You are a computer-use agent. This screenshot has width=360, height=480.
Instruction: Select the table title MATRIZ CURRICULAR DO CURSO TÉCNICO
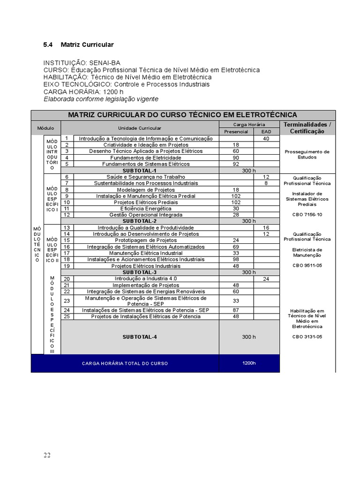click(183, 115)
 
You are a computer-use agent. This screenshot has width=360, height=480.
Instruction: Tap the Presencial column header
click(236, 132)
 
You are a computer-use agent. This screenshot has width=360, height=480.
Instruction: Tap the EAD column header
click(266, 132)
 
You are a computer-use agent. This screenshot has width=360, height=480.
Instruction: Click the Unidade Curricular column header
click(140, 128)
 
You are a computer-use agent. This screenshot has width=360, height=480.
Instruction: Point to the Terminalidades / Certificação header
click(307, 128)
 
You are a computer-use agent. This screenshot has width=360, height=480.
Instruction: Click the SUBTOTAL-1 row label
click(139, 171)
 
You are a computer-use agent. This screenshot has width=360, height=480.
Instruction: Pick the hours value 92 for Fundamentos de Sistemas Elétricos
click(236, 164)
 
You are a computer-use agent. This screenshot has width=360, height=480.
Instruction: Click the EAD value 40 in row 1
click(266, 138)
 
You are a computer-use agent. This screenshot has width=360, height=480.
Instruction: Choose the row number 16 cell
click(67, 247)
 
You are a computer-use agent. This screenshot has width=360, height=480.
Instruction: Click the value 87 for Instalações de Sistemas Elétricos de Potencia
click(236, 310)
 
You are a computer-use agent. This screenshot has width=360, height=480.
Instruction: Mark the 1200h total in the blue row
click(249, 363)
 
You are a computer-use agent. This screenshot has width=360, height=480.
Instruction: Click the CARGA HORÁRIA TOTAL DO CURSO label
click(124, 364)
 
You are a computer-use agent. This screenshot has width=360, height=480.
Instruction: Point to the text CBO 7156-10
click(307, 214)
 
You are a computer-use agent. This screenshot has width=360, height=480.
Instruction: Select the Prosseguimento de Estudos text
click(307, 154)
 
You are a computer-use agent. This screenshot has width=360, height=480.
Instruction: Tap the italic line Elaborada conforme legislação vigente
click(101, 99)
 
